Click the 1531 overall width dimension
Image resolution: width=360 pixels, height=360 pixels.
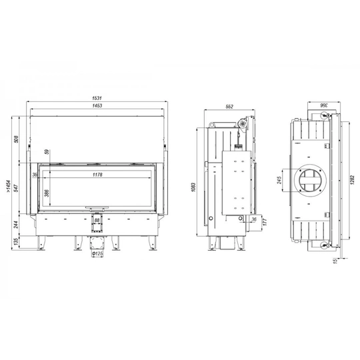(x=97, y=99)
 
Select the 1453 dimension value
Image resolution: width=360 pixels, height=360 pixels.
(x=97, y=107)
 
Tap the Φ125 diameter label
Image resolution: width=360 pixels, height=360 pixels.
(x=97, y=253)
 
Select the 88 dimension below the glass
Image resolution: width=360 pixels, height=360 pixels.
(x=97, y=220)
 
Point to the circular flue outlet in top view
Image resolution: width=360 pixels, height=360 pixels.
(x=311, y=180)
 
